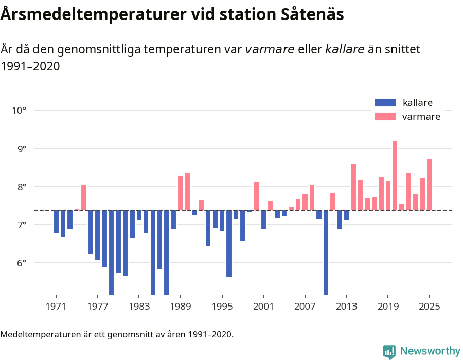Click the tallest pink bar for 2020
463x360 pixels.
coord(395,175)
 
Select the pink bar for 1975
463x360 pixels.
coord(84,197)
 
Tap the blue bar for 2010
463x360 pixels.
coord(326,252)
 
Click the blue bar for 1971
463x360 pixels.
coord(56,222)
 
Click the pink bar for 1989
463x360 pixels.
coord(181,193)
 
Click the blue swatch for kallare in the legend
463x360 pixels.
coord(385,103)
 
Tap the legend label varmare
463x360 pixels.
coord(421,117)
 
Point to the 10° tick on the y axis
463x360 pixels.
coord(20,110)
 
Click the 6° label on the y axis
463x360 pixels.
coord(20,263)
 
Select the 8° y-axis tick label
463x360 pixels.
coord(20,187)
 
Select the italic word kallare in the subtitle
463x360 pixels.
coord(345,49)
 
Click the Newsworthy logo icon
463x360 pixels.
coord(389,351)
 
